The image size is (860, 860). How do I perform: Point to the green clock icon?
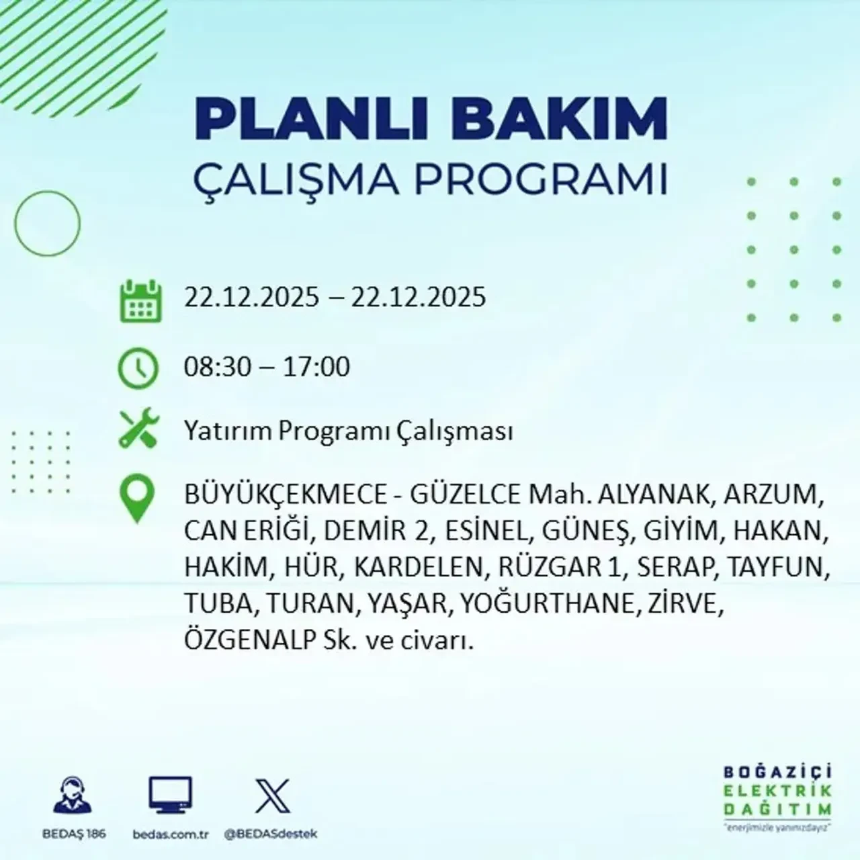click(138, 368)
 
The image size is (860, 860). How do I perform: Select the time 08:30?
click(218, 368)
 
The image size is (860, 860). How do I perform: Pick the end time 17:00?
click(316, 368)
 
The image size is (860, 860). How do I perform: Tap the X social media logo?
click(273, 796)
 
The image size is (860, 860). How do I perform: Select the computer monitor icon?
click(170, 796)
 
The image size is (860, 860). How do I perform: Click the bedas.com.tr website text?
click(171, 834)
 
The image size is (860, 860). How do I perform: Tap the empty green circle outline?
click(47, 223)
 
